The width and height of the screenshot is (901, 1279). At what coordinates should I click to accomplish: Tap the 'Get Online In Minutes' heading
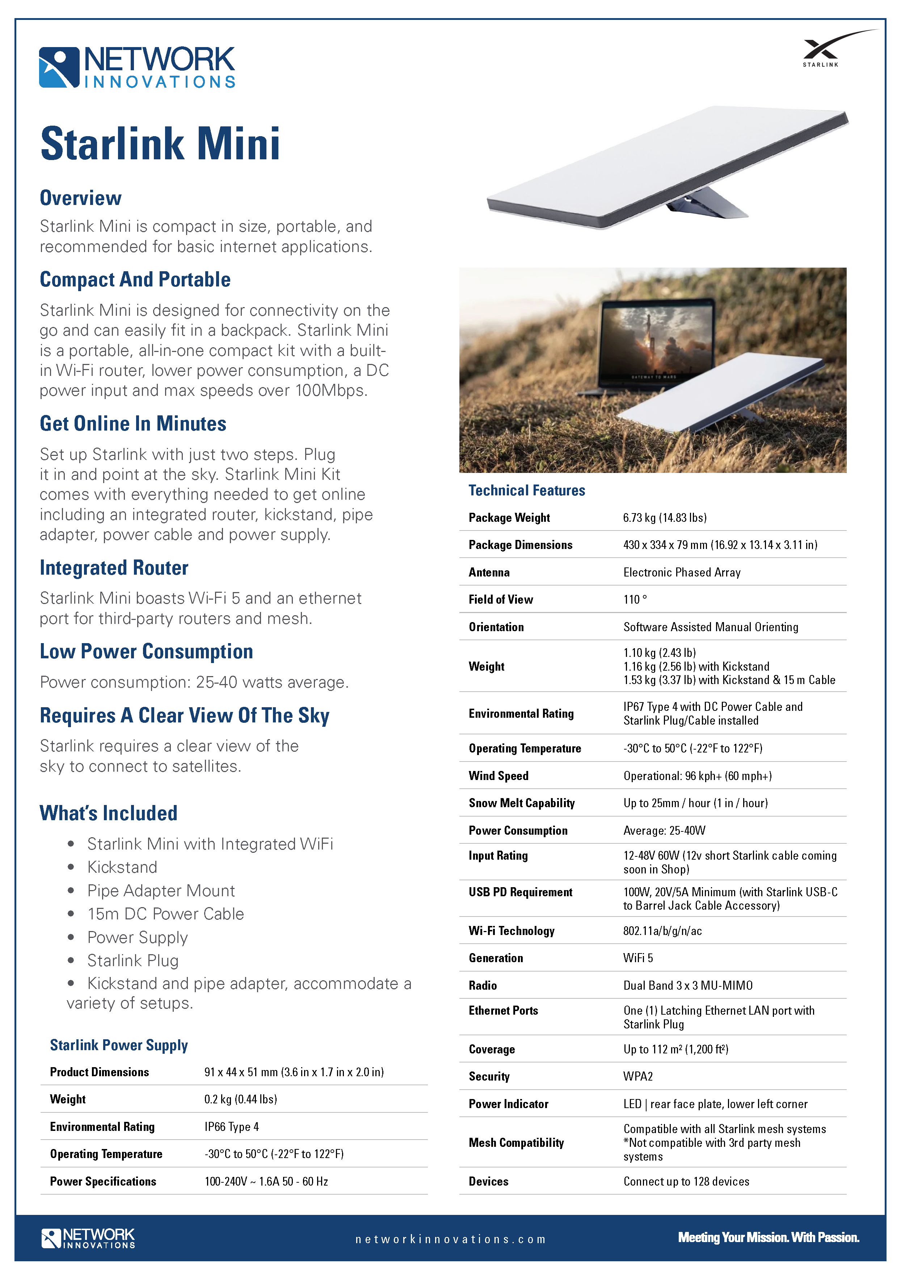point(133,424)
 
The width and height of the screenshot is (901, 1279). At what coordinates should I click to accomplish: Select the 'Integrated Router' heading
point(114,568)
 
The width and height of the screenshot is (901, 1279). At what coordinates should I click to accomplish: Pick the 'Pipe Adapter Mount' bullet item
point(161,891)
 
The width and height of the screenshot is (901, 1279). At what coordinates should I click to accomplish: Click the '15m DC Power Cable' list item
point(165,914)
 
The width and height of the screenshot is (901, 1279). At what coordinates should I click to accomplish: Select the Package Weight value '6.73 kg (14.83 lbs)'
point(665,518)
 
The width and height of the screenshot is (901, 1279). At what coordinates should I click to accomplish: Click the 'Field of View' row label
point(501,600)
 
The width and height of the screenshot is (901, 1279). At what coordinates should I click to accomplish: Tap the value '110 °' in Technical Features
point(635,600)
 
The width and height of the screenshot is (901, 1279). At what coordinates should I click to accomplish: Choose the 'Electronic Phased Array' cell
point(682,573)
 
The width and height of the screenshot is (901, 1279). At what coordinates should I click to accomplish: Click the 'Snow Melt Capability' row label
point(522,803)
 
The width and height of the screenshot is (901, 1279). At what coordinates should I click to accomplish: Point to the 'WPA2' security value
point(637,1077)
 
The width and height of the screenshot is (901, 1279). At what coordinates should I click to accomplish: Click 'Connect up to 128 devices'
point(686,1182)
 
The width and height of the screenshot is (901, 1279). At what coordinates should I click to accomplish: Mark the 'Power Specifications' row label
point(103,1182)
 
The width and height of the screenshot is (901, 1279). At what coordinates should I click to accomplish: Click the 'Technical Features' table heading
point(527,491)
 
